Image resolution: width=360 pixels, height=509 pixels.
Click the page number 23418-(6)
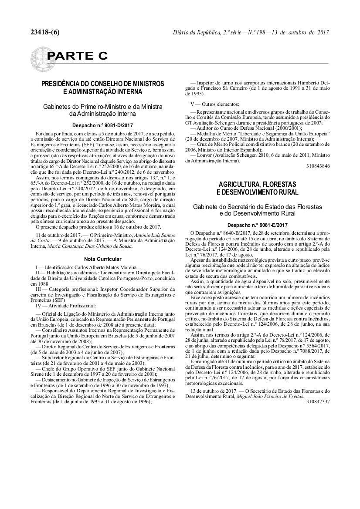click(45, 33)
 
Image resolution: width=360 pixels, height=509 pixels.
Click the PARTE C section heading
click(77, 56)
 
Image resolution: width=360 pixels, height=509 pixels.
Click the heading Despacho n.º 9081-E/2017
click(258, 225)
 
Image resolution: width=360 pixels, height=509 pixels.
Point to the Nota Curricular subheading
click(102, 259)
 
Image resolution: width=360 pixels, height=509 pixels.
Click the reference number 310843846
click(318, 166)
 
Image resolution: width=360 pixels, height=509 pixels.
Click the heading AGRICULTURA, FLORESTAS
click(258, 185)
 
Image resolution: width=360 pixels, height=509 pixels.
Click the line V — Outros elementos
click(215, 104)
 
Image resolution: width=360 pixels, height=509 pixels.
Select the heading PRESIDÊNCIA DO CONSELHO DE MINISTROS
click(102, 84)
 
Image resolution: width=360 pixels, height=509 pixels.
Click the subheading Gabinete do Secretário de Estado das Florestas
click(258, 207)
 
